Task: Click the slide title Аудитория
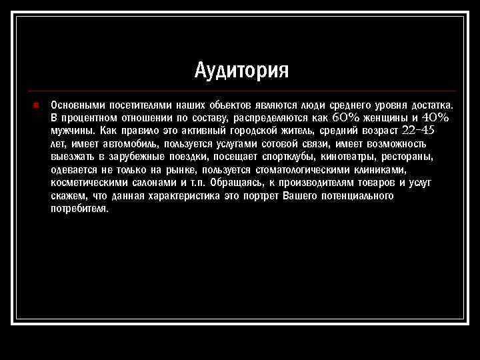click(242, 70)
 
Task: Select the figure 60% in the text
click(346, 118)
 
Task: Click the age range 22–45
click(419, 131)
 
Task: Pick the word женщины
click(381, 118)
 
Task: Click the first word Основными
click(75, 105)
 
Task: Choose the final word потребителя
click(79, 208)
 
